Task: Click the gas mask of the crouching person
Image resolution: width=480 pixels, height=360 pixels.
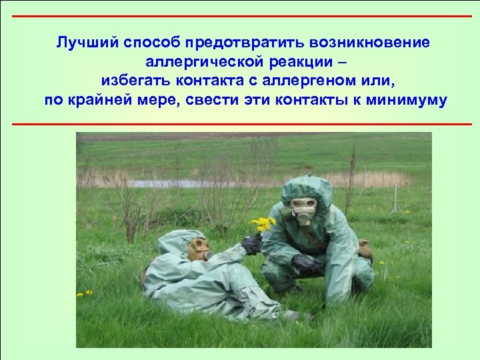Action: coord(303,211)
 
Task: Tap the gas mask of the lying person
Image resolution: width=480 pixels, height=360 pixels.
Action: coord(198,249)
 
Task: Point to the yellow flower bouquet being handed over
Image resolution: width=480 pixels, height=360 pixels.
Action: coord(263,224)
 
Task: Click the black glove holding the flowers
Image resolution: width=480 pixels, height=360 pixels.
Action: coord(252,244)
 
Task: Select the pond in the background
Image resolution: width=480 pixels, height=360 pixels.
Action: coord(180,183)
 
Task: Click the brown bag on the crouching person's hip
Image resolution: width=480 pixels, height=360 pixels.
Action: coord(364,251)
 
